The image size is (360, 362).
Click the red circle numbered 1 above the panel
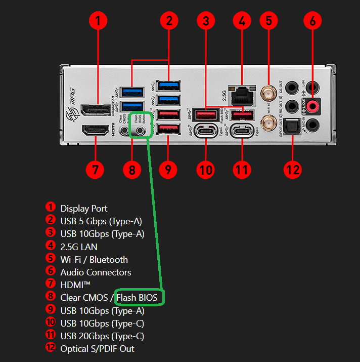(x=99, y=21)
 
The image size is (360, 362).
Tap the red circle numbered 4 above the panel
(x=242, y=21)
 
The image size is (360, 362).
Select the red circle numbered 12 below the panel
(x=293, y=169)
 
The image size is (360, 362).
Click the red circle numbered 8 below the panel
(x=132, y=169)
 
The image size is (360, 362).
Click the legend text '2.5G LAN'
(x=79, y=247)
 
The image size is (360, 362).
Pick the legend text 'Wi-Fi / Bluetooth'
(x=94, y=259)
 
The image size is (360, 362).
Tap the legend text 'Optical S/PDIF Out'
(x=97, y=348)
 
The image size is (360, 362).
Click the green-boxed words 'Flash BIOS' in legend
(x=137, y=298)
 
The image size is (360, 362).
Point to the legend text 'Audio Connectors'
(x=96, y=272)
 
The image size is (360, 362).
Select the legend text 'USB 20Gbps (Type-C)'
(x=102, y=336)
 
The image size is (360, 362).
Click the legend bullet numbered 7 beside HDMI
(x=50, y=285)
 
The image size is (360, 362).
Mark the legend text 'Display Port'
(x=84, y=208)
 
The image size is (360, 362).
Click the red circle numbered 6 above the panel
(x=313, y=21)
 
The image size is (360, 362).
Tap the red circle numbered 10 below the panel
(x=206, y=169)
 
